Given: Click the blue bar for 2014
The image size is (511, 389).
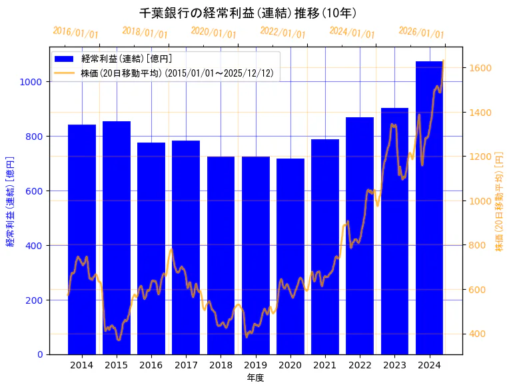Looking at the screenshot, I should point(82,239).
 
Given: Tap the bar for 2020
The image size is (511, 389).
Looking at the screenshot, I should point(290,256).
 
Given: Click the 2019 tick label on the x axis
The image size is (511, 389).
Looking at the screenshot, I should point(255,365).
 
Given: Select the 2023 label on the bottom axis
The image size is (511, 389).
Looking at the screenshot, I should point(394,365).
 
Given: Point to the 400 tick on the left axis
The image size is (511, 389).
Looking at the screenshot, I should point(36,246).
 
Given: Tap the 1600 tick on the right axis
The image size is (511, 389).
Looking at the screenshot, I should point(480,68).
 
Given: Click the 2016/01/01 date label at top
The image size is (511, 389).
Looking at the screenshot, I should point(75,33).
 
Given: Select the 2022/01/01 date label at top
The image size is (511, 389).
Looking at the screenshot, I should point(283,33).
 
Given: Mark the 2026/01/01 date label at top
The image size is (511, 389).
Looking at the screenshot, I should point(421,33).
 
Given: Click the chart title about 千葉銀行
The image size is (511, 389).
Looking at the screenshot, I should point(248,13).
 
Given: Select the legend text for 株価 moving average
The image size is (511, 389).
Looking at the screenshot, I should point(177,73).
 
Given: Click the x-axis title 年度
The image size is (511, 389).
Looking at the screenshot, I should point(255,378).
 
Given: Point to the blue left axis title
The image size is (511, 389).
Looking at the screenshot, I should point(10,201).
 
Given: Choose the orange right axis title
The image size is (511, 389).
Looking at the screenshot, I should point(500,201).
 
